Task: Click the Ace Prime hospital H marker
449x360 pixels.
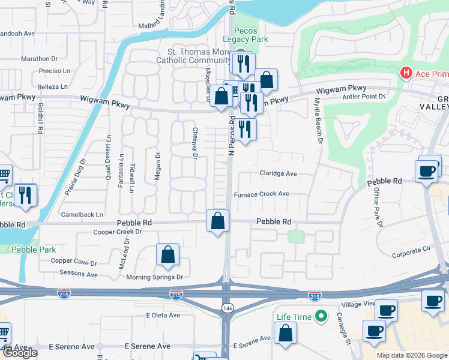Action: pyautogui.click(x=406, y=73)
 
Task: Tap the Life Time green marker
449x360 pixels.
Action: pyautogui.click(x=322, y=316)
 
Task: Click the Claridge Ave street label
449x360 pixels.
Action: pyautogui.click(x=278, y=173)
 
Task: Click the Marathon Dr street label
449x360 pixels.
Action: pyautogui.click(x=39, y=59)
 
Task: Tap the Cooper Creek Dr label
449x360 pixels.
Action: pyautogui.click(x=117, y=232)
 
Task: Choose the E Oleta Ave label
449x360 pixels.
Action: pyautogui.click(x=163, y=315)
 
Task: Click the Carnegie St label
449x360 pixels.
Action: pyautogui.click(x=343, y=324)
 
